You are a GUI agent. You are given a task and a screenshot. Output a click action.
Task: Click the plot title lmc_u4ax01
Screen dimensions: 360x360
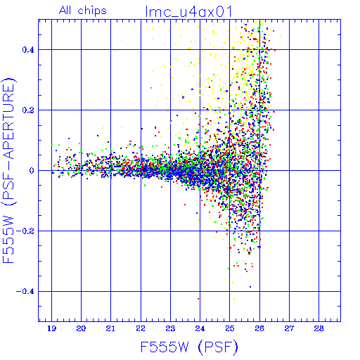click(188, 11)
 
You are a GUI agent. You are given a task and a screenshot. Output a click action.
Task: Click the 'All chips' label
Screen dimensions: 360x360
click(83, 11)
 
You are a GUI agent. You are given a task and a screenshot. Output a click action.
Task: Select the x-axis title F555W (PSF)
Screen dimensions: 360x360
click(189, 347)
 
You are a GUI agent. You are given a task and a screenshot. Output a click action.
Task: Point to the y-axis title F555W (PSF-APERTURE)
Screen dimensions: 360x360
click(8, 170)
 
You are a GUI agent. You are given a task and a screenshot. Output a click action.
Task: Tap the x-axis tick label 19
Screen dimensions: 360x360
click(51, 328)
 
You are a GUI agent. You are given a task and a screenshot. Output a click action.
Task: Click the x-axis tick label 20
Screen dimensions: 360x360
click(81, 328)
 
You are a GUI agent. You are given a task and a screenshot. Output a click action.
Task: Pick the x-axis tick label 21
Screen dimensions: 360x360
click(110, 328)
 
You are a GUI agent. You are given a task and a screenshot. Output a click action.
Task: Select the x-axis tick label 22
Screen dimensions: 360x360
click(141, 328)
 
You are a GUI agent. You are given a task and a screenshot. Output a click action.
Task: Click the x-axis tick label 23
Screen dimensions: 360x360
click(170, 328)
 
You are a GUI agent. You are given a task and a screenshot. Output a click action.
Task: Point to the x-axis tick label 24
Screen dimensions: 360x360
click(200, 328)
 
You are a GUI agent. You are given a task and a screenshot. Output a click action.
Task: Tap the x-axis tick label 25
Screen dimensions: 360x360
click(230, 328)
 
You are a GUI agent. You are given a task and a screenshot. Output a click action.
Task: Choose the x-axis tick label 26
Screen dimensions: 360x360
click(259, 328)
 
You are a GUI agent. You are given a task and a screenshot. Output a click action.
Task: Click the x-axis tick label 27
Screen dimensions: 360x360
click(289, 328)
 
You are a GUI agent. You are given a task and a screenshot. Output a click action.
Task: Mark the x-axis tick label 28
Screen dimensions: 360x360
click(319, 328)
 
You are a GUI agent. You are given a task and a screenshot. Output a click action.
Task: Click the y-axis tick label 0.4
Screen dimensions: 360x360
click(28, 50)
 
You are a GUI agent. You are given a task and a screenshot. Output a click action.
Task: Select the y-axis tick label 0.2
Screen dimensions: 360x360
click(28, 110)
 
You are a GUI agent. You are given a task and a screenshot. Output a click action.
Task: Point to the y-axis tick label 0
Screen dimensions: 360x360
click(32, 171)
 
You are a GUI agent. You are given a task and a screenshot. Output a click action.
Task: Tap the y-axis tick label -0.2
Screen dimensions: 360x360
click(25, 231)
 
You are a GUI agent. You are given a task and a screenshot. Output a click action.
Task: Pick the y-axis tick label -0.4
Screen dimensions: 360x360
click(25, 292)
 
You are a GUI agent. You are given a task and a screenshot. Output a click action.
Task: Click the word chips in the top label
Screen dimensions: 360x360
click(92, 11)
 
